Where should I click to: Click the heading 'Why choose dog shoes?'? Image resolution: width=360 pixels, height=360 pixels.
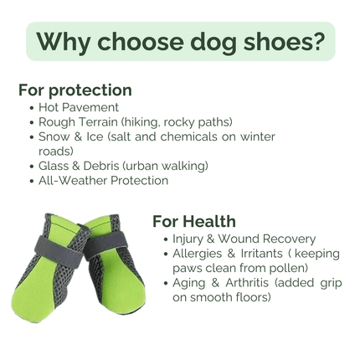point(180,41)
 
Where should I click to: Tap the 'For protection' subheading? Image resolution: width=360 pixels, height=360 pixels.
point(75,90)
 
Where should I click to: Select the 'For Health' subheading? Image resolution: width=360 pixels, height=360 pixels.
point(193,221)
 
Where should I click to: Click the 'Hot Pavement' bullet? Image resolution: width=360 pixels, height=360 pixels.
point(78,107)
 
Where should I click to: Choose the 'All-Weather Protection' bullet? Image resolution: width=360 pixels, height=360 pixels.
point(103,180)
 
